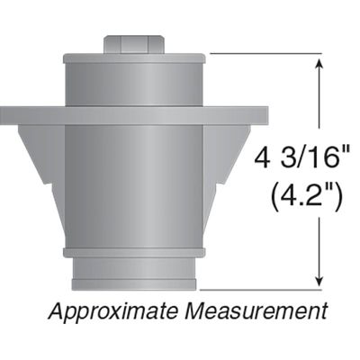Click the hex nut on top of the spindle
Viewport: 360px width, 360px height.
pyautogui.click(x=134, y=44)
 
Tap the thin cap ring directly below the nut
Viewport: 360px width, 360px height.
pyautogui.click(x=134, y=58)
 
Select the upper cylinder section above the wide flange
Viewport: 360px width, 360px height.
pyautogui.click(x=134, y=84)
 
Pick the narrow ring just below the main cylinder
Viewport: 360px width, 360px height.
pyautogui.click(x=134, y=253)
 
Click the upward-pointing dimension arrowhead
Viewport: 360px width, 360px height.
pyautogui.click(x=319, y=64)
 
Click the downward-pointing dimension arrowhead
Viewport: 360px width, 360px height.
pyautogui.click(x=319, y=281)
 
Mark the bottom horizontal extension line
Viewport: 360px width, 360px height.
pyautogui.click(x=261, y=291)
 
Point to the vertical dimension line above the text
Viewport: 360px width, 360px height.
pyautogui.click(x=319, y=103)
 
